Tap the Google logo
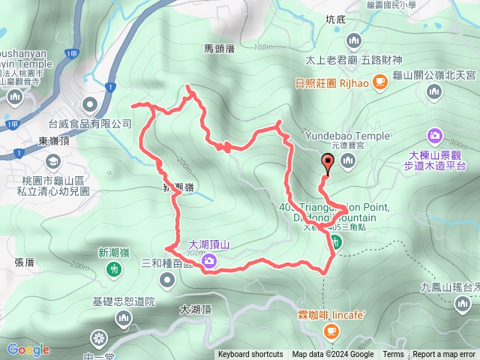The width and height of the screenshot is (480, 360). [28, 349]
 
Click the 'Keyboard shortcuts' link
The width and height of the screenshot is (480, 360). [250, 355]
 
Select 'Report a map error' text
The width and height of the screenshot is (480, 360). [444, 355]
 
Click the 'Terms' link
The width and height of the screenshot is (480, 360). [393, 355]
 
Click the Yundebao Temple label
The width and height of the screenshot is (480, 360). [347, 136]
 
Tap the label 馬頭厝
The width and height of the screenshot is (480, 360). [220, 48]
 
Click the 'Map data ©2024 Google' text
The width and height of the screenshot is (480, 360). [333, 355]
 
